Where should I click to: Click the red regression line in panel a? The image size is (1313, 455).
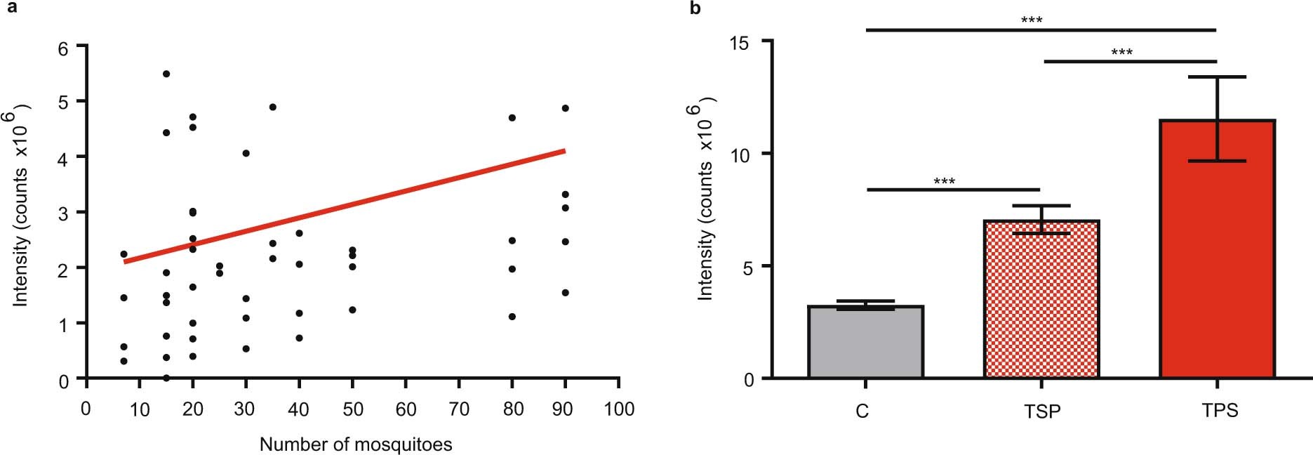pos(344,206)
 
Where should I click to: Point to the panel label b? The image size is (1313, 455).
pos(695,8)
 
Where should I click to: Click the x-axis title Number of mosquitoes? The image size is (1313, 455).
pos(356,444)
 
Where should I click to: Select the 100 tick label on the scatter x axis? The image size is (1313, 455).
pos(618,409)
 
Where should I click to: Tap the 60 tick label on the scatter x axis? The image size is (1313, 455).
pos(406,409)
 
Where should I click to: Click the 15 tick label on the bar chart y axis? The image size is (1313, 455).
pos(739,43)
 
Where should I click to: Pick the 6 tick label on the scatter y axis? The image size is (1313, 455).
pos(63,48)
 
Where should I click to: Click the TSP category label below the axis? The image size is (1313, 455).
pos(1041,411)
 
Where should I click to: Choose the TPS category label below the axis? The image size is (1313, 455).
pos(1220,410)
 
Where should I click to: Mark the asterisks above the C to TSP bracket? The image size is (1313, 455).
pos(944,182)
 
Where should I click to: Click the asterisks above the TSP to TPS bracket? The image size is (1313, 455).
pos(1121,53)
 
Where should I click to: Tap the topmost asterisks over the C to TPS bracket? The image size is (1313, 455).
pos(1031,20)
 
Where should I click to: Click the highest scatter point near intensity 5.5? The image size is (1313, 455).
pos(166,74)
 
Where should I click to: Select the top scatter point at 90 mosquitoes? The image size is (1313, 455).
pos(565,108)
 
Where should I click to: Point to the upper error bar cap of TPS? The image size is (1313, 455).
pos(1217,77)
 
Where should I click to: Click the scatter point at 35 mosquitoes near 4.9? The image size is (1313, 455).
pos(273,107)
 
